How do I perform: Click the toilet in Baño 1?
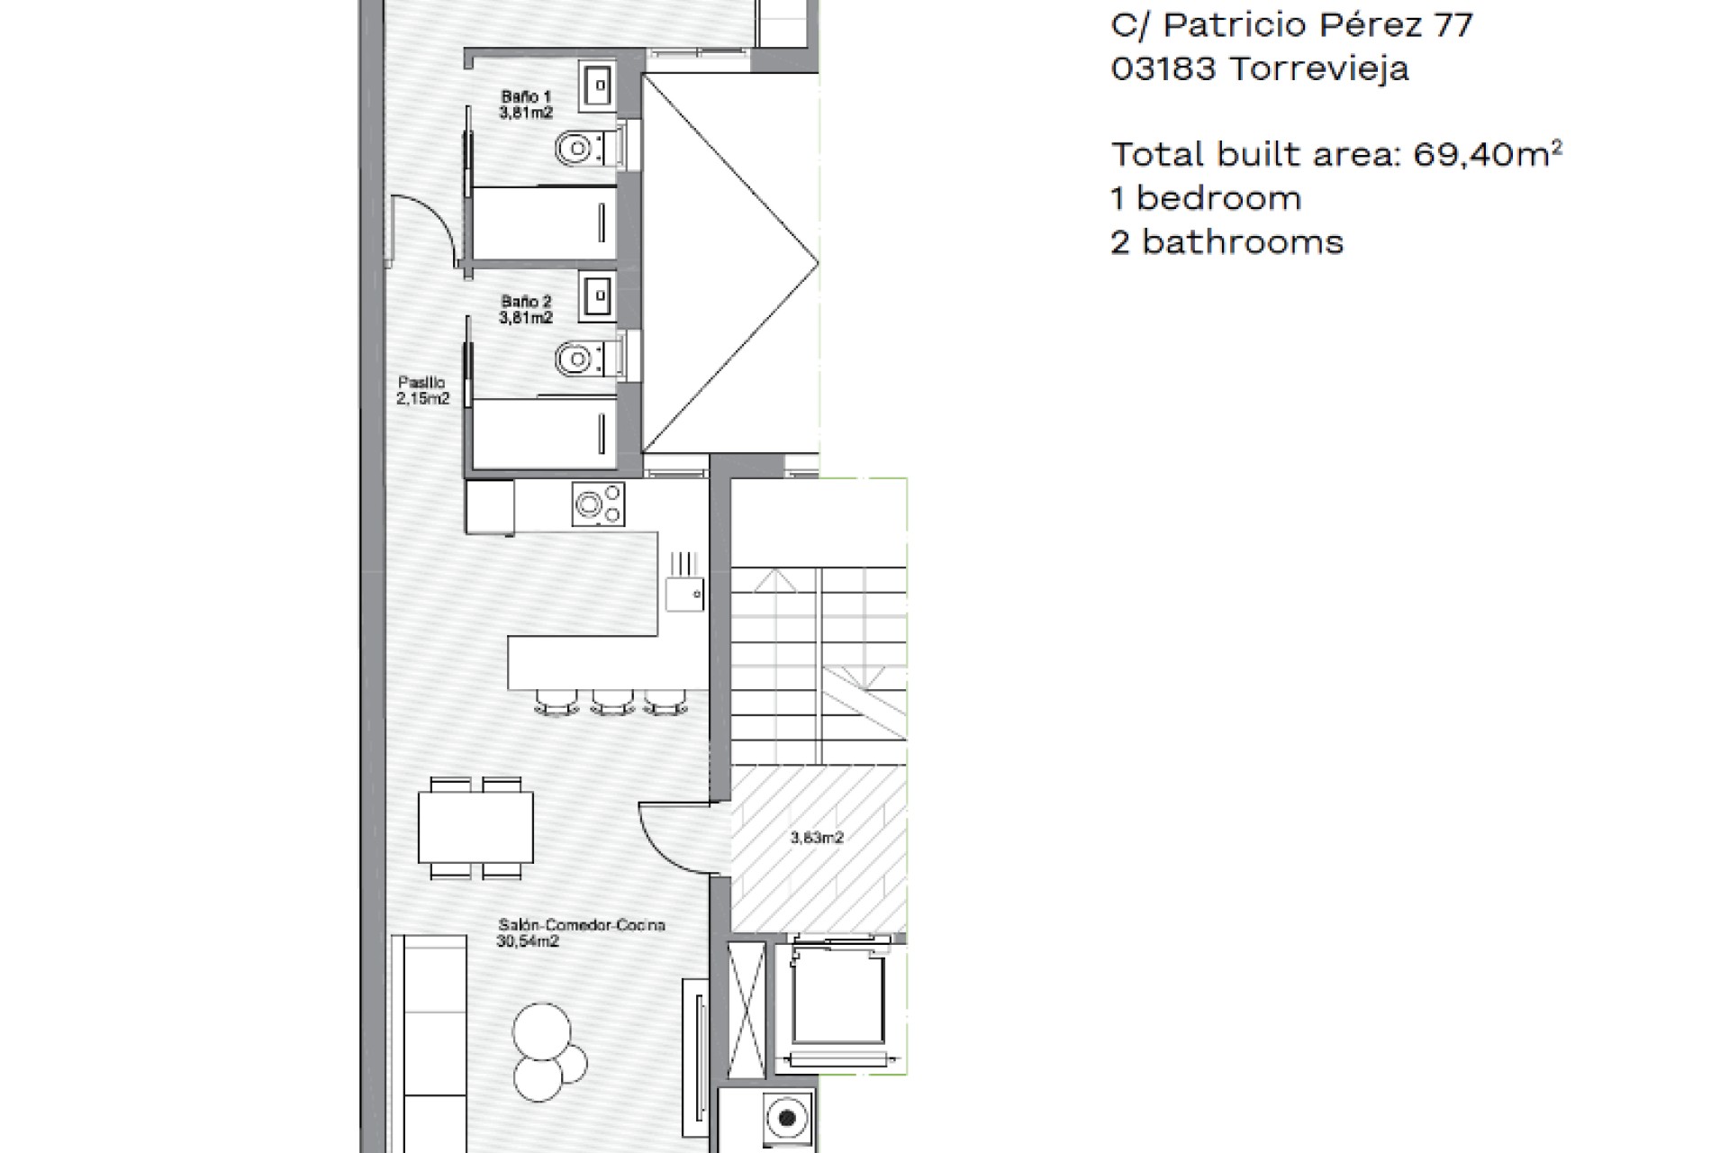point(590,147)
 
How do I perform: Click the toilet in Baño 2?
point(590,359)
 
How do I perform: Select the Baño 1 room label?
point(526,104)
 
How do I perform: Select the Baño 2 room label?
point(526,310)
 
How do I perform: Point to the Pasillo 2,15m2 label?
point(422,391)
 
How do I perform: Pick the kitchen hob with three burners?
point(598,504)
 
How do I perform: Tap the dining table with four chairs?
point(475,828)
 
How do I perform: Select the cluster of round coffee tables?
point(548,1052)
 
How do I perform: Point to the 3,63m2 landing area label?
point(817,838)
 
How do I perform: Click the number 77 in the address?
point(1453,25)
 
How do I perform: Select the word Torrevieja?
point(1318,68)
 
